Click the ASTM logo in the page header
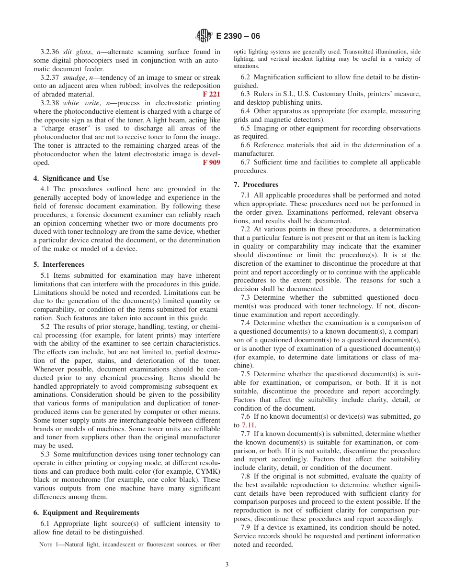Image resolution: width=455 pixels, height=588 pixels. (205, 36)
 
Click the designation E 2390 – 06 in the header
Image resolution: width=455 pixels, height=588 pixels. (238, 36)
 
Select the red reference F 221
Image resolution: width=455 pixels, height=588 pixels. (211, 94)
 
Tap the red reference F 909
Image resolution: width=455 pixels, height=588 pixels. (211, 163)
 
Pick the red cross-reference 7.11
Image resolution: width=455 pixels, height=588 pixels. (248, 425)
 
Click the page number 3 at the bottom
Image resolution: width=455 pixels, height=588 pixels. (227, 564)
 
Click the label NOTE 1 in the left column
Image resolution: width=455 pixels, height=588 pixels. (49, 544)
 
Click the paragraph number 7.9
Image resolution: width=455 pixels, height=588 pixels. (245, 527)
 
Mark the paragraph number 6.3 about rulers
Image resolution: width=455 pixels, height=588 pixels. (245, 94)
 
